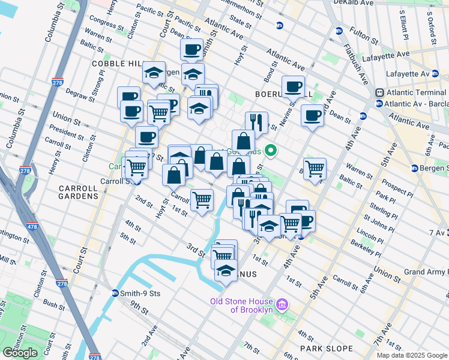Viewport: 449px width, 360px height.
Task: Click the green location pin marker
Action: point(271,151)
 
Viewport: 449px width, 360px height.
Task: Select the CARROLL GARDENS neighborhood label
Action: point(78,192)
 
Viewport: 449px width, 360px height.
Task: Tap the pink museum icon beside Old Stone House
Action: point(283,307)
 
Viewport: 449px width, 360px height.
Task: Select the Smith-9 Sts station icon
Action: point(115,293)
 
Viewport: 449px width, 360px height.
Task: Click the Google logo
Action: point(20,353)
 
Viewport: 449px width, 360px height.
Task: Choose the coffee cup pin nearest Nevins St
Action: point(293,86)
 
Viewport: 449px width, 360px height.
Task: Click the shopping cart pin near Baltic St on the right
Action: point(315,169)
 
